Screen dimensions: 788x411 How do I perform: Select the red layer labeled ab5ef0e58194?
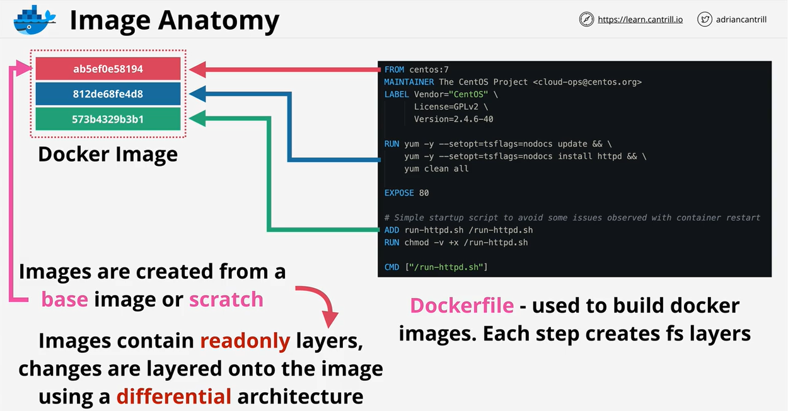coord(108,69)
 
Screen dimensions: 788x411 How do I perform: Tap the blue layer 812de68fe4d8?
coord(108,94)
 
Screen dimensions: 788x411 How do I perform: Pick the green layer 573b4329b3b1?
coord(108,119)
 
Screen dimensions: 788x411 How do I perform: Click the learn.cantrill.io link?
coord(640,20)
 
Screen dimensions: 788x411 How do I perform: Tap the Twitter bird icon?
coord(704,20)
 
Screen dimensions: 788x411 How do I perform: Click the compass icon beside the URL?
coord(586,20)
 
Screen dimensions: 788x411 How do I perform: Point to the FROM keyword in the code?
coord(394,69)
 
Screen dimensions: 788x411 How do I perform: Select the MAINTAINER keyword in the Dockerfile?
coord(409,82)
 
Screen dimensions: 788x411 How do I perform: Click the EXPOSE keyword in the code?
coord(399,193)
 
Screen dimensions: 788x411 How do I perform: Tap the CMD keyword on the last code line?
coord(391,267)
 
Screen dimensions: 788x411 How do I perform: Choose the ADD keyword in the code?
coord(391,230)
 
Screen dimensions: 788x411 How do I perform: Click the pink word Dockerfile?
coord(462,306)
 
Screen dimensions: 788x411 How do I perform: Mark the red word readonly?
coord(245,340)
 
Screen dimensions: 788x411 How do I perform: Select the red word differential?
coord(174,397)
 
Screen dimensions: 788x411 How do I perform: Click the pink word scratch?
coord(226,299)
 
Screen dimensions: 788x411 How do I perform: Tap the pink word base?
coord(64,299)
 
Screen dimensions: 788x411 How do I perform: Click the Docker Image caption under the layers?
coord(108,154)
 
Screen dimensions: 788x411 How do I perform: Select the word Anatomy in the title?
coord(218,21)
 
